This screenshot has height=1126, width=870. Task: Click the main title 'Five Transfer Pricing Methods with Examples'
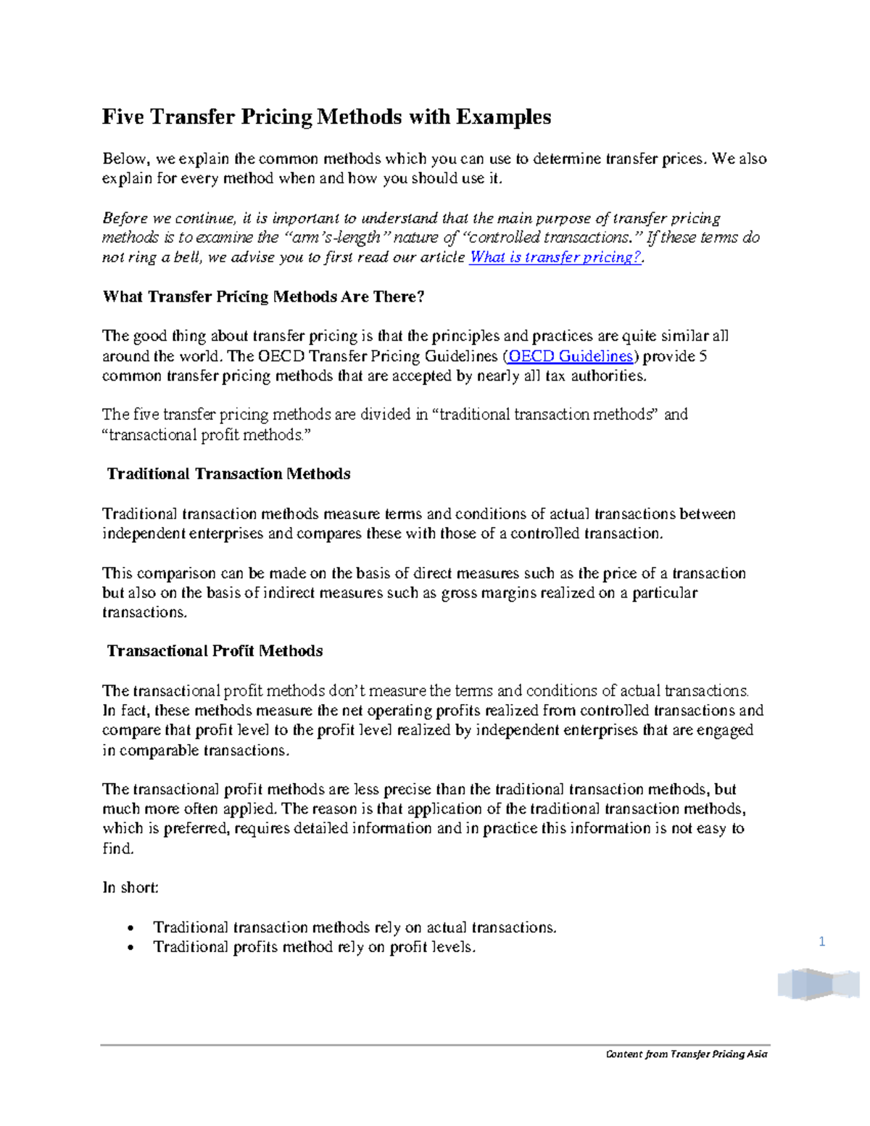point(326,117)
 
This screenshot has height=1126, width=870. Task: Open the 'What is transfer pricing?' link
point(555,257)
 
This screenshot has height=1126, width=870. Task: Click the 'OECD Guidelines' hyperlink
point(571,356)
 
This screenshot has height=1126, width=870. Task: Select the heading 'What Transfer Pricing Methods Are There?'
point(263,297)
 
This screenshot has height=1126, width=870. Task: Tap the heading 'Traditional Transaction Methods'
point(228,474)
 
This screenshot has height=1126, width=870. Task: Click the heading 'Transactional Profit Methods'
point(215,651)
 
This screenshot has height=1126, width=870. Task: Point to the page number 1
point(821,942)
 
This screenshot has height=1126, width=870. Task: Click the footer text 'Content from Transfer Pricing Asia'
point(686,1054)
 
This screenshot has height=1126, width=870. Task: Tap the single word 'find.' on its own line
point(118,849)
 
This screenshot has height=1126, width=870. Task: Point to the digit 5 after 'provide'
point(702,356)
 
